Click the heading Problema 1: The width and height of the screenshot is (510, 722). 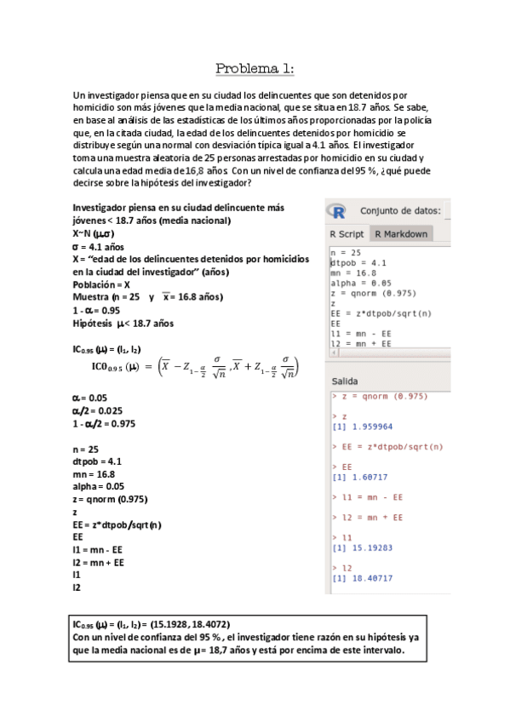coord(255,68)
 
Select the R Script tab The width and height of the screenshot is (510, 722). coord(347,233)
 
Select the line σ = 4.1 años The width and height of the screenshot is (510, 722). coord(100,247)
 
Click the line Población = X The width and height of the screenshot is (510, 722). coord(101,284)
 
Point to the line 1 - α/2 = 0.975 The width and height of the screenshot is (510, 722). coord(105,422)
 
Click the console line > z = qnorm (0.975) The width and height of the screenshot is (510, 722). coord(379,397)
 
